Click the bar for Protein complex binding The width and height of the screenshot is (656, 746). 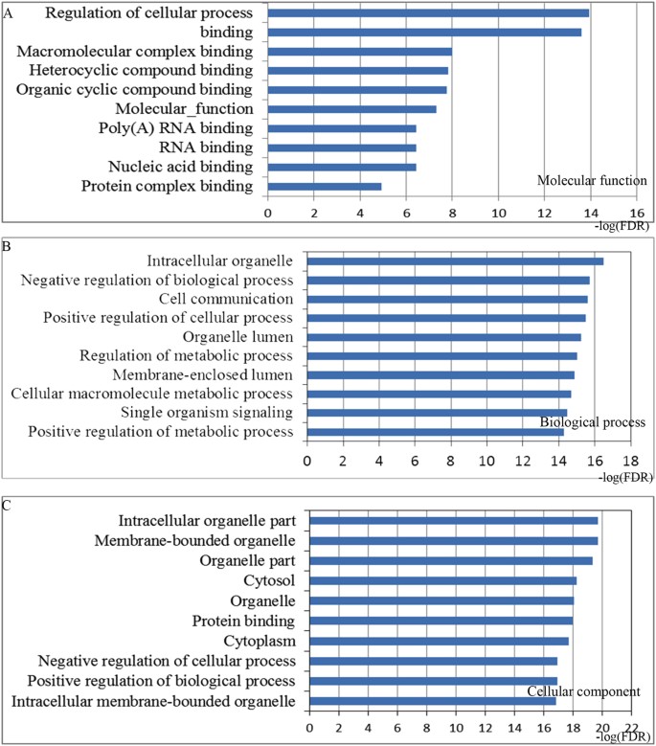[x=325, y=186]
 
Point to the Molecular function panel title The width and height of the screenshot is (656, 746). [x=592, y=180]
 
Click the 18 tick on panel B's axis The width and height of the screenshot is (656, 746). [x=629, y=460]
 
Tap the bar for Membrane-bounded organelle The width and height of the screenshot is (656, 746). [x=455, y=541]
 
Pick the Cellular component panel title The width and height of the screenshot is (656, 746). [x=585, y=692]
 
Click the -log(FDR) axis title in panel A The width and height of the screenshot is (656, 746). [x=622, y=227]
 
